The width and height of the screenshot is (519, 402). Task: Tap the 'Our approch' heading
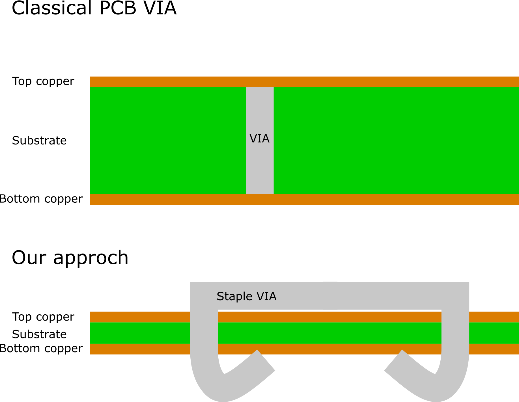pos(70,258)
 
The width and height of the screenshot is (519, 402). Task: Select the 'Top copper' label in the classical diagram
pos(43,81)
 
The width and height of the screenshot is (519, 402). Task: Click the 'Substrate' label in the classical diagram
pos(39,141)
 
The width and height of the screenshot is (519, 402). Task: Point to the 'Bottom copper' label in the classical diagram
pos(41,199)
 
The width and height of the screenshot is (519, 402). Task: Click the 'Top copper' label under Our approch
pos(43,317)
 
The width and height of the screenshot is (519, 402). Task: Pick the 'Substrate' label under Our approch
pos(39,334)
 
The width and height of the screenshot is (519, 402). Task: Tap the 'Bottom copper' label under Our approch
pos(41,348)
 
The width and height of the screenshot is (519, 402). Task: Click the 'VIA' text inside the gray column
pos(259,139)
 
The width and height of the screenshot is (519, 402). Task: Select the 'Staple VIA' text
pos(246,296)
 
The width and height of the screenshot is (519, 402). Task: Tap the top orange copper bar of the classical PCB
pos(305,82)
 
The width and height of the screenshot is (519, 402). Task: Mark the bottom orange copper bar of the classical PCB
pos(305,199)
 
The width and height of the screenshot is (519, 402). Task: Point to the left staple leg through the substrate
pos(204,333)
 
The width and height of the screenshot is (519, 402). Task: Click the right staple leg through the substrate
pos(455,333)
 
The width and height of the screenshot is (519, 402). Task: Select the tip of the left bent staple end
pos(266,360)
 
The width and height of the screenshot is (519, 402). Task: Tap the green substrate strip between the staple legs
pos(330,333)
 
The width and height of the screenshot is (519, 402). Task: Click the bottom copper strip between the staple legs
pos(330,349)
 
